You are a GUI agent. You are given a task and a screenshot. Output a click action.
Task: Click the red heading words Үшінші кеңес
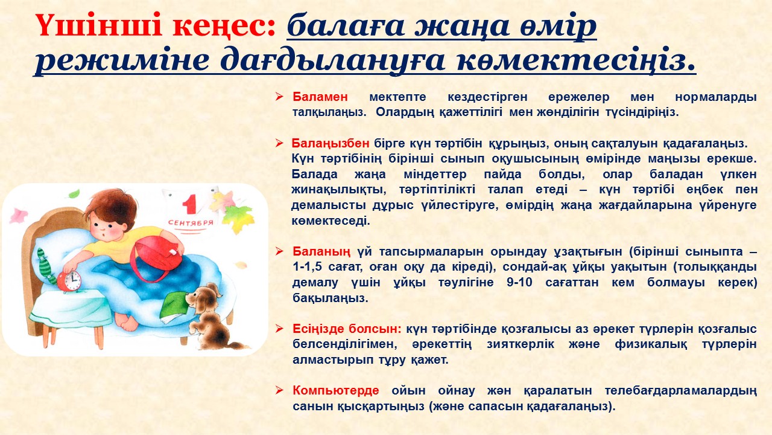[156, 25]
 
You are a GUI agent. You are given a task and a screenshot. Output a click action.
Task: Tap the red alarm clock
[69, 281]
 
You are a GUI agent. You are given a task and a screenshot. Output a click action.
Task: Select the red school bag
[157, 256]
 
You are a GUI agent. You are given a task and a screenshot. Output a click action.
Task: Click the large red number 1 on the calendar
[189, 204]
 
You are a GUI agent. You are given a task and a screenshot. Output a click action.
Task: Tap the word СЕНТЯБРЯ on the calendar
[191, 223]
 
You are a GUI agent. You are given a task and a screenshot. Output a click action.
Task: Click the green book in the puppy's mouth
[174, 306]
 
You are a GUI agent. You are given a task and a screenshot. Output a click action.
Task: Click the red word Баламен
[320, 97]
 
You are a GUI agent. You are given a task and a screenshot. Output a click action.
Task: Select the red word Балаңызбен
[331, 143]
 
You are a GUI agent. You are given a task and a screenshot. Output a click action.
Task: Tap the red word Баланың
[321, 251]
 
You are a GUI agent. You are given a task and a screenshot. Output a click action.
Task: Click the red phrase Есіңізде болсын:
[347, 329]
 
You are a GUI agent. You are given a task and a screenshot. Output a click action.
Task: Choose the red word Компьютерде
[336, 390]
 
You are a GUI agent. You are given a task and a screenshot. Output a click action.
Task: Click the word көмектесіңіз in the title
[576, 60]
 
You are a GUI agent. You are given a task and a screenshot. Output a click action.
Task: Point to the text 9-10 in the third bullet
[519, 282]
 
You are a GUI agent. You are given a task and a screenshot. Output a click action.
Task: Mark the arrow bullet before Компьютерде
[279, 390]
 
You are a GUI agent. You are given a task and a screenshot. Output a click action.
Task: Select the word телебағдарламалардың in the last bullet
[681, 391]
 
